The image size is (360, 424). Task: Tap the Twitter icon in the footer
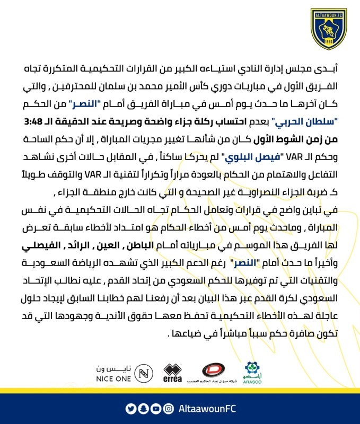coord(131,408)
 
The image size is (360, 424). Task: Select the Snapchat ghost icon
coord(143,408)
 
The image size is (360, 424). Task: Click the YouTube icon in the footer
coord(155,408)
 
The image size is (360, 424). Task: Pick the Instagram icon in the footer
coord(168,408)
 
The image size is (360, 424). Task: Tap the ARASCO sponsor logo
coord(252,372)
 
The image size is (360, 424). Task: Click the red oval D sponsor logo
coord(214,370)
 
